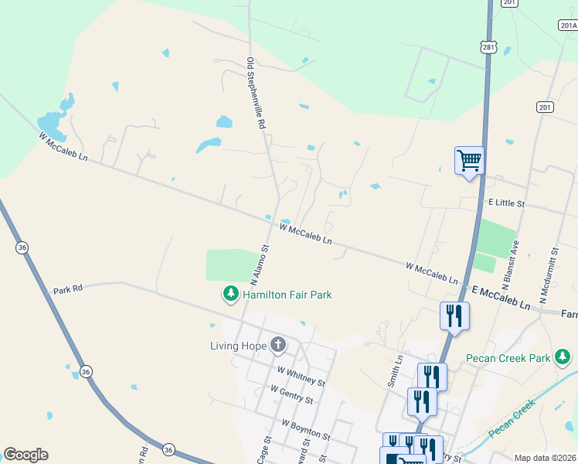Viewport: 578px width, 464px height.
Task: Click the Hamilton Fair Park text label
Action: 287,295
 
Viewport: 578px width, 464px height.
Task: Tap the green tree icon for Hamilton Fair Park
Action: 230,294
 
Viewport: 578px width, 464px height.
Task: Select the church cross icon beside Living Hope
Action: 277,345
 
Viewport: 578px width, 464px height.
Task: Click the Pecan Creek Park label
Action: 507,358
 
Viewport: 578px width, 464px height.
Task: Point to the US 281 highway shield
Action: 488,47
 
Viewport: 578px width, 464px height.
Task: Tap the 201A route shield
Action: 567,25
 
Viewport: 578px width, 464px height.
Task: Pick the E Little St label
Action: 506,203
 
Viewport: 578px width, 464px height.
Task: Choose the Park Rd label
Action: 67,291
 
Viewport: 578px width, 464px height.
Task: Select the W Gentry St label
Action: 291,394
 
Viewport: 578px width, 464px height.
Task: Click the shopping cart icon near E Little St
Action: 469,161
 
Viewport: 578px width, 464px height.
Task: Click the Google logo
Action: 25,455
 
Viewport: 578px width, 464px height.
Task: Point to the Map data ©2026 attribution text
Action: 545,458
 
